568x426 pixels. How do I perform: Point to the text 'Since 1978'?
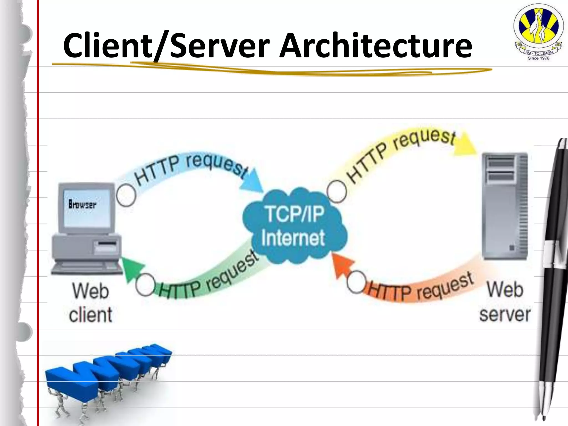(x=538, y=58)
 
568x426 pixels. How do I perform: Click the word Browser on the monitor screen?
(x=82, y=205)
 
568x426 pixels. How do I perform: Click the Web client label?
(x=90, y=303)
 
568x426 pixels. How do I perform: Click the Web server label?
(x=505, y=302)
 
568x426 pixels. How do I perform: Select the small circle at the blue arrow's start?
(x=126, y=196)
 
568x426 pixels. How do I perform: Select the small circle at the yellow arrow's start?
(x=337, y=191)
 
